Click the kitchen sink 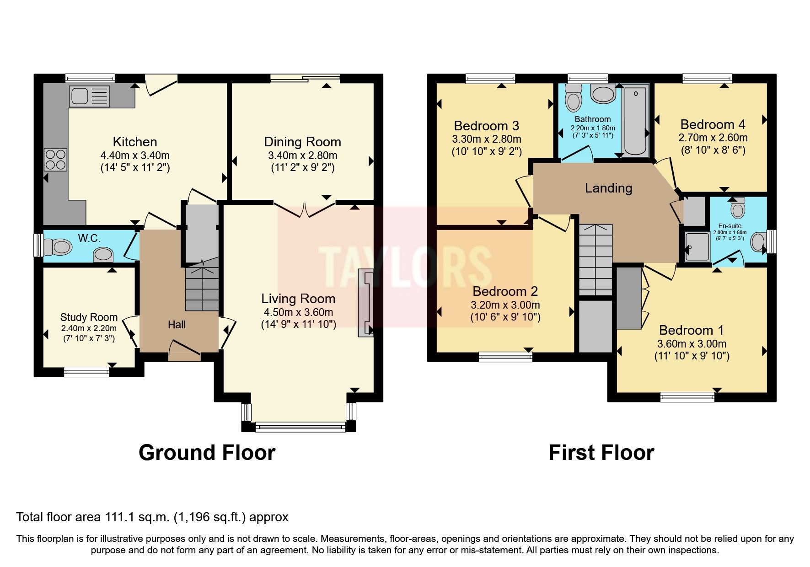(90, 96)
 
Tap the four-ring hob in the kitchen (55, 159)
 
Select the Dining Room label (302, 142)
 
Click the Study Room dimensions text (89, 333)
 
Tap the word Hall (177, 325)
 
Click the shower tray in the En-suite (697, 246)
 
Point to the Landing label (608, 188)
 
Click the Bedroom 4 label (713, 124)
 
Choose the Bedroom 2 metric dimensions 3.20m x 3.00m (505, 305)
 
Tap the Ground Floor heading (207, 453)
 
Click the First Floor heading (601, 453)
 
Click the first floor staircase (595, 259)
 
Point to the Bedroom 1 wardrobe (629, 298)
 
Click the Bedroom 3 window (490, 78)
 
